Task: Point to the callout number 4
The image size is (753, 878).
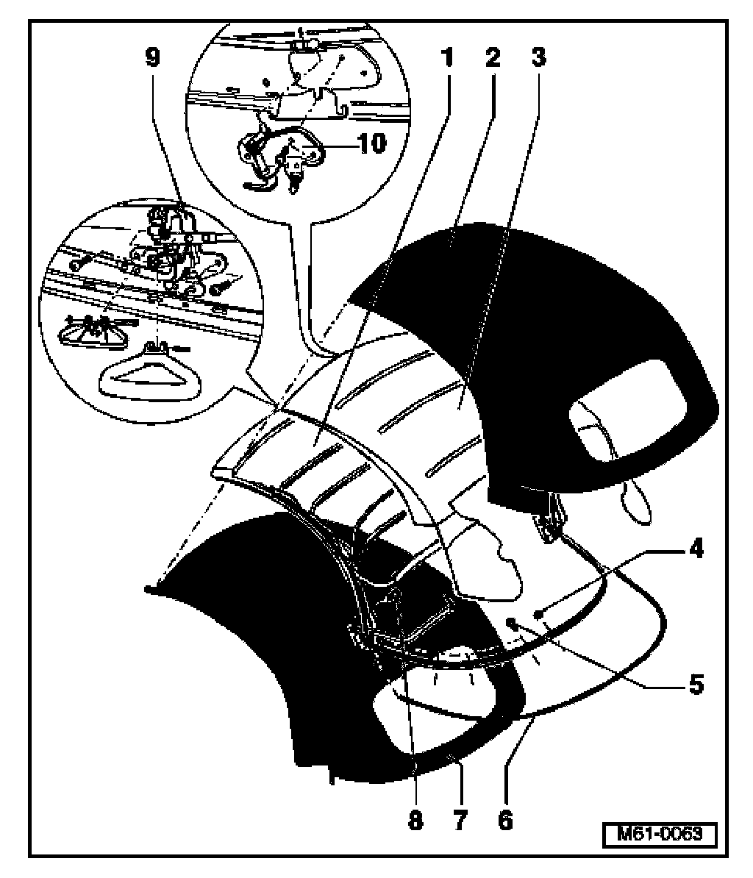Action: tap(694, 549)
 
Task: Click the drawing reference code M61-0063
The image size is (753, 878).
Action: tap(658, 835)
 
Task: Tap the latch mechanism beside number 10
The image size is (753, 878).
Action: tap(283, 151)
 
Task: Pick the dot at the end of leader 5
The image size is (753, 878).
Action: tap(510, 623)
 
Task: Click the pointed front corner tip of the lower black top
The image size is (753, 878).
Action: tap(150, 587)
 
